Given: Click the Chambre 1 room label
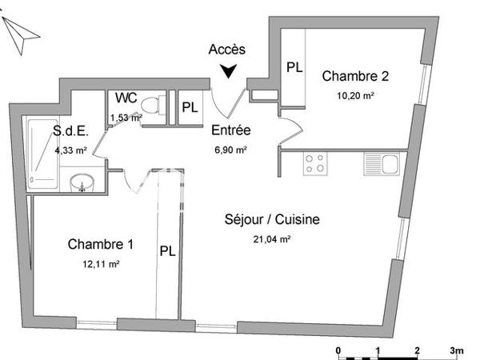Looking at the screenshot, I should coord(100,244).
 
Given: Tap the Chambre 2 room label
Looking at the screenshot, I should coord(355,77).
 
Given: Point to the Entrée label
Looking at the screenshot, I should coord(231,130).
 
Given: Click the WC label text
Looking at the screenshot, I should coord(126,98).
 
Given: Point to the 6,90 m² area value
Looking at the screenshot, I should coord(230,149).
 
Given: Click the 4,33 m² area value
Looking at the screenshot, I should coord(70,150).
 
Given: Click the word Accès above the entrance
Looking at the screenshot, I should coord(227,50).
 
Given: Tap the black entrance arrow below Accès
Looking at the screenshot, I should coord(230,71).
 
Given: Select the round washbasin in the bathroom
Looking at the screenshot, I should coord(81,183).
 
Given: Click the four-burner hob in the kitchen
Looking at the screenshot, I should coord(314,163).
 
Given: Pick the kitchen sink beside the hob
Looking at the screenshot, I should coord(381,163).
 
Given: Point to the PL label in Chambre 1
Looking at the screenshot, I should coord(168,250).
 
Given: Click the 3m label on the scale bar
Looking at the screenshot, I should coord(457,350).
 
